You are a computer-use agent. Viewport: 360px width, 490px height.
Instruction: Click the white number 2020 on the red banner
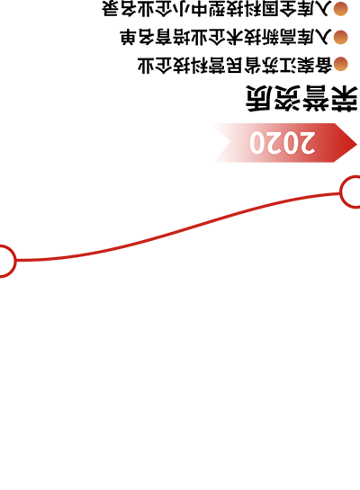[282, 143]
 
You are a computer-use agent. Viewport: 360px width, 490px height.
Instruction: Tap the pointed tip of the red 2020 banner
[357, 144]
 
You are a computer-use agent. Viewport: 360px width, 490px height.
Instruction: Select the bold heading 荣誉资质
[301, 98]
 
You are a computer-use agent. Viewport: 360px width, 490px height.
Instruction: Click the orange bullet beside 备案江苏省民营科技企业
[340, 64]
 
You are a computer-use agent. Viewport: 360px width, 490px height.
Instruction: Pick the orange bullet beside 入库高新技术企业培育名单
[340, 37]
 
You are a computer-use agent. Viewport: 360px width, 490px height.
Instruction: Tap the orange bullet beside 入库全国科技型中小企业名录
[340, 9]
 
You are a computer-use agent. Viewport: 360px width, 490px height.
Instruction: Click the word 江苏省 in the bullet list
[271, 65]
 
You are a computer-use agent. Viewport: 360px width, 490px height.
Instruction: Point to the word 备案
[315, 65]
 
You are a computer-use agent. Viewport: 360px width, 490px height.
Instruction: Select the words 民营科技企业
[191, 65]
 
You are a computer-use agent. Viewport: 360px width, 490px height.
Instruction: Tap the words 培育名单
[156, 37]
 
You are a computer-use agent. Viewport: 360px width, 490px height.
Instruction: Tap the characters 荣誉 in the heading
[330, 98]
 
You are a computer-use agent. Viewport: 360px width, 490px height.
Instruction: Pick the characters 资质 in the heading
[274, 98]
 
